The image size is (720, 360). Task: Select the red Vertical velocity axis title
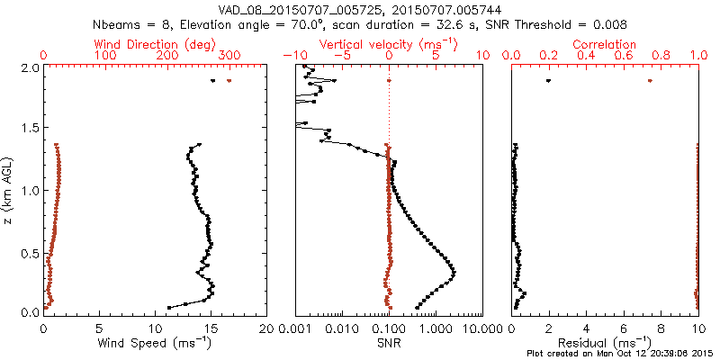[x=389, y=44]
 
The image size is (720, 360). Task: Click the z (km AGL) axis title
[x=11, y=190]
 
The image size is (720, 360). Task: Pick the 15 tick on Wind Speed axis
[x=211, y=329]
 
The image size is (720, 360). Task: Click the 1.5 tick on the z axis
[x=28, y=129]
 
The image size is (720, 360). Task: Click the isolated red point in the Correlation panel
[x=650, y=81]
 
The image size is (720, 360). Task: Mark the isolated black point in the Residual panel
[x=548, y=81]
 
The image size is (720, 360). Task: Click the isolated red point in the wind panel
[x=229, y=81]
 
